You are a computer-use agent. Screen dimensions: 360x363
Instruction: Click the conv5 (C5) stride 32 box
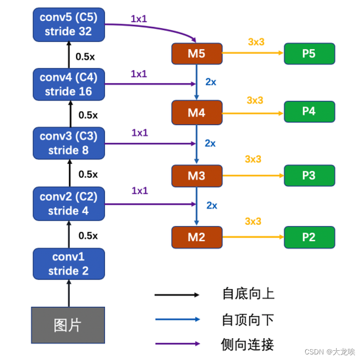click(69, 24)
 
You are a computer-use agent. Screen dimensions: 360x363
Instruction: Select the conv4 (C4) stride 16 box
click(69, 84)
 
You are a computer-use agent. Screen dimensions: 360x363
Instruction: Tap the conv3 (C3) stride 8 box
click(69, 143)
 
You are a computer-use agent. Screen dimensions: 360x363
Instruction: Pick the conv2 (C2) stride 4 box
click(69, 203)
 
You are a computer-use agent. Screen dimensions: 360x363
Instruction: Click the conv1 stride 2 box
click(69, 264)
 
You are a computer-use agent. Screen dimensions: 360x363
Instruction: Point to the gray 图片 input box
click(68, 325)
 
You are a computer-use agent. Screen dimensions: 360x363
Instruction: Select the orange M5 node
click(196, 54)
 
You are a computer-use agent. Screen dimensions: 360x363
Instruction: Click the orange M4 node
click(196, 113)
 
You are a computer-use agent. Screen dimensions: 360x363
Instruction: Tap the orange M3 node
click(196, 176)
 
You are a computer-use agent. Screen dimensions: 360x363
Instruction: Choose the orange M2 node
click(196, 237)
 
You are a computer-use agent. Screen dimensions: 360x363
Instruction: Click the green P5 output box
click(309, 54)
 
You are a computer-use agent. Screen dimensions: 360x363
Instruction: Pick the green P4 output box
click(309, 112)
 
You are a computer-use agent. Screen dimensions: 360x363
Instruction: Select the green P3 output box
click(309, 175)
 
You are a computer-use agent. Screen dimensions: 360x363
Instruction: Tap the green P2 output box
click(309, 237)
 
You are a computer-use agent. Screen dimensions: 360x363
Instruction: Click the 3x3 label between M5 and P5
click(256, 42)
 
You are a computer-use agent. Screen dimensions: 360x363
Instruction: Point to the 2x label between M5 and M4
click(211, 82)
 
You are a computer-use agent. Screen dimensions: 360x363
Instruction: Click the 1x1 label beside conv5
click(139, 19)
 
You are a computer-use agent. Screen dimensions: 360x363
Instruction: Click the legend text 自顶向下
click(248, 319)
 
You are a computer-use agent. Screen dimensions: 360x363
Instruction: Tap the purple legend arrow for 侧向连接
click(177, 344)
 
